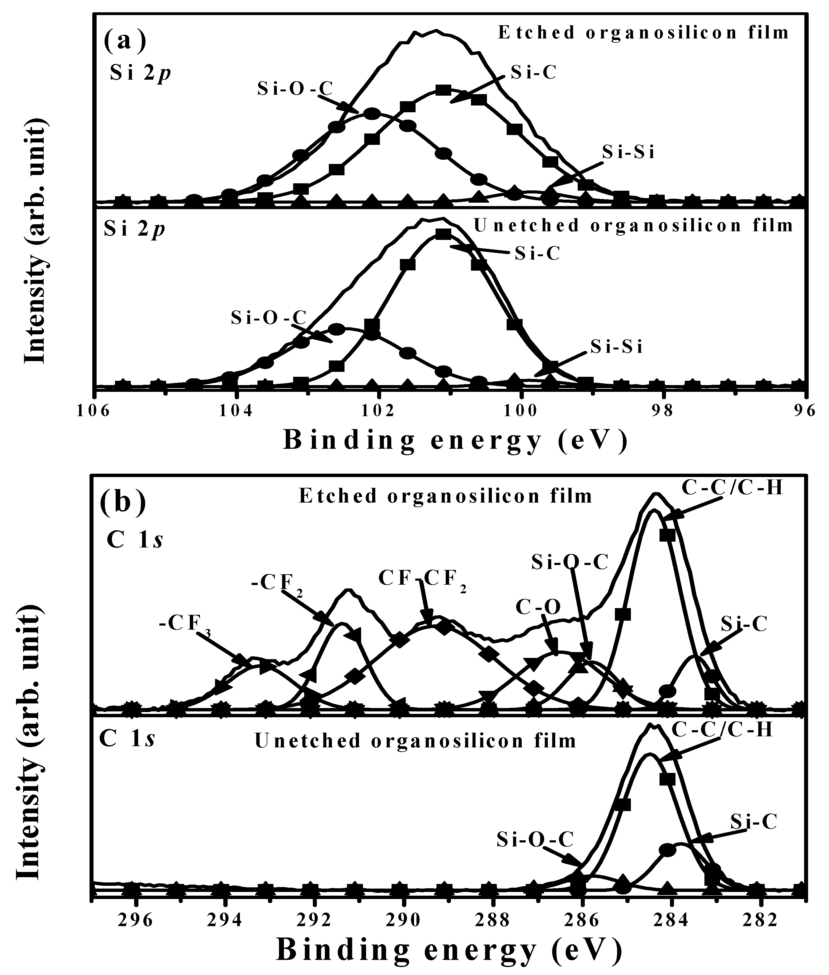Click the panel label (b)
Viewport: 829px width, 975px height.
[123, 502]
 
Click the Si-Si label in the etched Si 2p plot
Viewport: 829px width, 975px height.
[628, 153]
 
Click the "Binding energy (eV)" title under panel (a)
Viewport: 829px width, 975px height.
[455, 442]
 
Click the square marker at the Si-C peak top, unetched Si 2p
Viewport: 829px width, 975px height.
[443, 234]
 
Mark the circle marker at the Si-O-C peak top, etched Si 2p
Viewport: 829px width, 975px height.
[372, 113]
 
